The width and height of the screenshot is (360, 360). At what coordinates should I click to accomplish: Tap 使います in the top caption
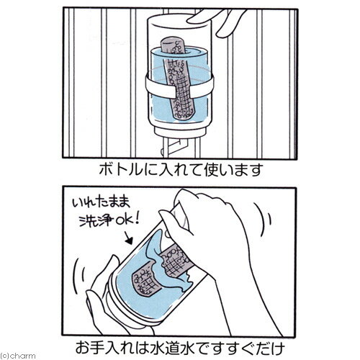click(x=225, y=172)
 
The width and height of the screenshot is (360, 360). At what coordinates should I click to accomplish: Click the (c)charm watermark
click(x=16, y=355)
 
